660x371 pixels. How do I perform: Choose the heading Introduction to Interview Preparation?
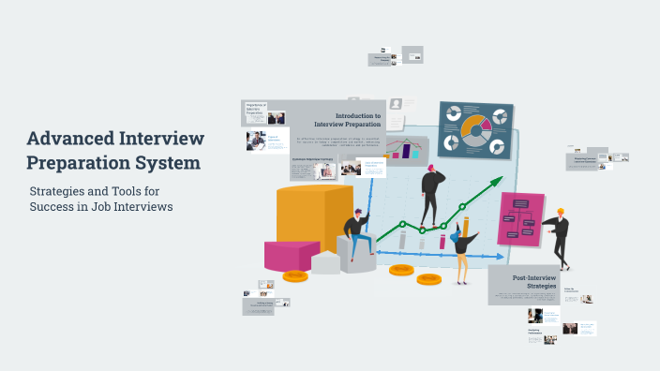(346, 119)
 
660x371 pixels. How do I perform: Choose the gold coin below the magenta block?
(295, 275)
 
